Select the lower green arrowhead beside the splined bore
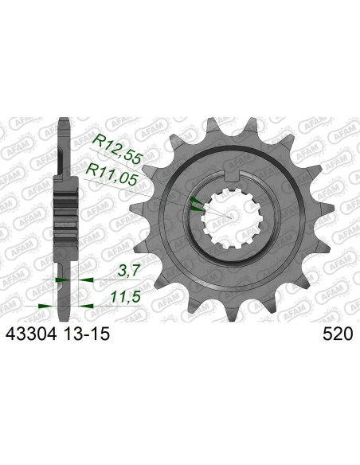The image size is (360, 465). pyautogui.click(x=196, y=209)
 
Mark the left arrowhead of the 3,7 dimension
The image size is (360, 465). pyautogui.click(x=56, y=279)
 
